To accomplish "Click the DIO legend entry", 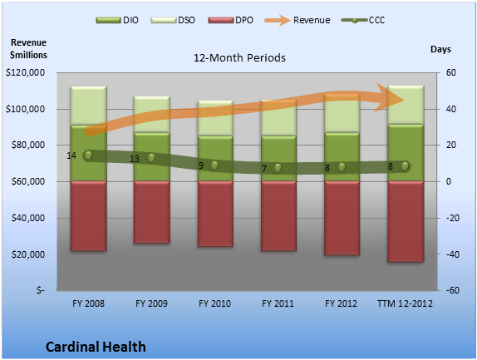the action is coord(117,20).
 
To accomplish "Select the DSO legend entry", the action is coord(173,20).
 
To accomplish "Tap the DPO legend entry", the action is coord(230,20).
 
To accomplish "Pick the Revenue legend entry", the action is coord(298,20).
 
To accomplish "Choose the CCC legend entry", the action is coord(363,20).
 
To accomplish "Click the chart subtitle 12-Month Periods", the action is coord(239,58).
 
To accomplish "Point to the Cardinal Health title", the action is coord(96,347).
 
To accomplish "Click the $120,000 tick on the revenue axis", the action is coord(25,72).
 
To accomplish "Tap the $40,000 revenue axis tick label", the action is coord(28,218).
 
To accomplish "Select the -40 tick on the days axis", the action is coord(452,254).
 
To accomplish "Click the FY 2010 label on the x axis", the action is coord(214,303).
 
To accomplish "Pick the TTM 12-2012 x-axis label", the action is coord(405,303).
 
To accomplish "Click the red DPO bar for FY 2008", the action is coord(89,216).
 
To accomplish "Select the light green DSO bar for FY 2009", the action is coord(152,115).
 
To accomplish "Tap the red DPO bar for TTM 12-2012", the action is coord(406,221).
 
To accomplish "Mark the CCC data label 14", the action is coord(71,155).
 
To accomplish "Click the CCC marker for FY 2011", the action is coord(278,167).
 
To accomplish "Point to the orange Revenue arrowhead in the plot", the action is coord(390,98).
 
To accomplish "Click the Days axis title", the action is coord(440,49).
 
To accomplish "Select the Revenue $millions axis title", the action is coord(28,49).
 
